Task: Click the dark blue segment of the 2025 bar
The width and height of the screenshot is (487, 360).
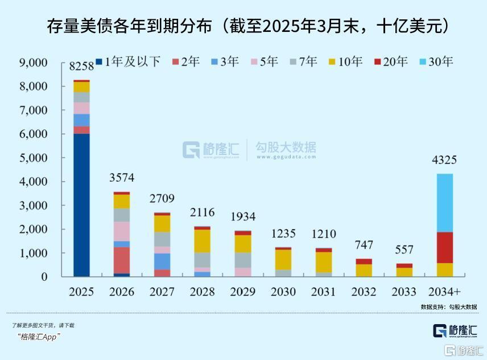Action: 81,205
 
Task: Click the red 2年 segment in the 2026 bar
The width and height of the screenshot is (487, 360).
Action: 121,260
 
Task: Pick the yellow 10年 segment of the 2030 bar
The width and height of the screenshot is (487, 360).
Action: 283,259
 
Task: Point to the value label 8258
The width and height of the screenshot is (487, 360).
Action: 81,67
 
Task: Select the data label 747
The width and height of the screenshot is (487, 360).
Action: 364,245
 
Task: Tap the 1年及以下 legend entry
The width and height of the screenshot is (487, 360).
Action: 128,61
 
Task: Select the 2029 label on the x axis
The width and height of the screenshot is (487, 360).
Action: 243,292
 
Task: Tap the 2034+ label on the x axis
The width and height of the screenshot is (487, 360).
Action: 444,292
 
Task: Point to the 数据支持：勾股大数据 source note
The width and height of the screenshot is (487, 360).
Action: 449,306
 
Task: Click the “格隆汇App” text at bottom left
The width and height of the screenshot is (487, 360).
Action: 39,336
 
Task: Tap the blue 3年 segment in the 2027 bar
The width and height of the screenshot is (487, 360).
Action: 162,261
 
